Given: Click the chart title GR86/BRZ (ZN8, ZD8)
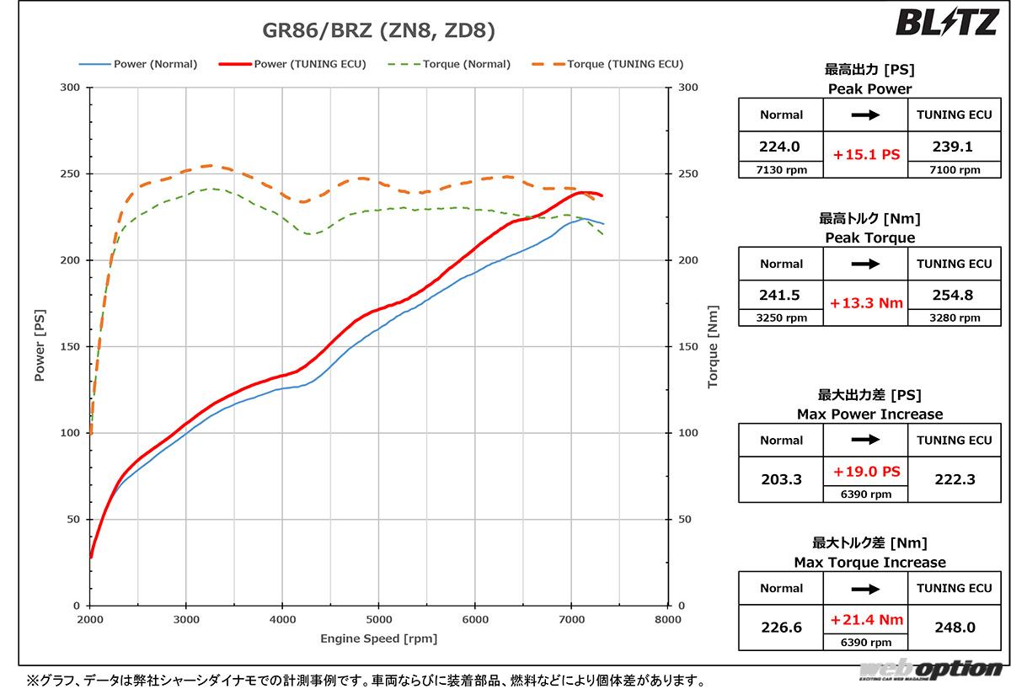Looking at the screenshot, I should (x=379, y=32).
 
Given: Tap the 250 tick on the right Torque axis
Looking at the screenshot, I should (x=687, y=174).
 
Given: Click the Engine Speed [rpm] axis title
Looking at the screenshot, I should (x=378, y=638).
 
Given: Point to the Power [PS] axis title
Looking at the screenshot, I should (x=40, y=346).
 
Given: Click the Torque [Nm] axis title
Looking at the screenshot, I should (x=713, y=346).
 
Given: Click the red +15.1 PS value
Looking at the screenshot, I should (x=866, y=155).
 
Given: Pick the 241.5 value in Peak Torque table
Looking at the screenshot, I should (x=780, y=296).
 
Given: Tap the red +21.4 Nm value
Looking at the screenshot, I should (x=866, y=620).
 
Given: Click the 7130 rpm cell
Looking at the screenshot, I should (x=781, y=169).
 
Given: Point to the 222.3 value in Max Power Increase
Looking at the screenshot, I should (x=955, y=479).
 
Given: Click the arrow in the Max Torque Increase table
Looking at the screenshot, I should (x=865, y=588).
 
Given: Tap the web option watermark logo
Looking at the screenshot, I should (x=932, y=670).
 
